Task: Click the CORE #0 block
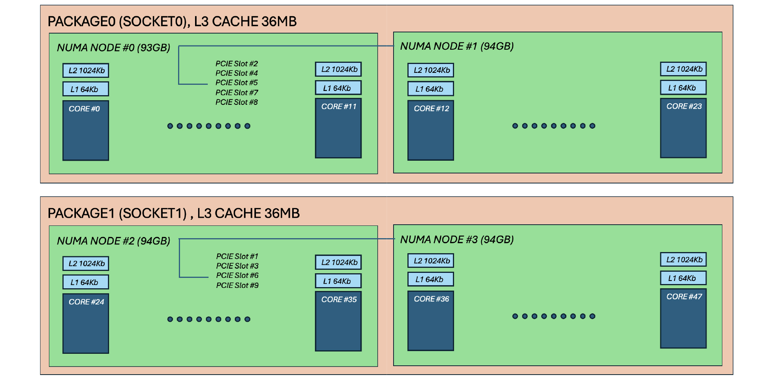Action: pos(86,130)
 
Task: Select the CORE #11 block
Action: pos(338,128)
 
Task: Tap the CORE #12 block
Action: pos(431,130)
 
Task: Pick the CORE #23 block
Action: pos(683,128)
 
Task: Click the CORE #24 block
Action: pos(86,323)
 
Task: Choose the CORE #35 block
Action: pos(338,321)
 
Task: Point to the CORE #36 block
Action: pos(431,321)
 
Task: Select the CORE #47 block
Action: pos(683,318)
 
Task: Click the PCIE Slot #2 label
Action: pos(236,64)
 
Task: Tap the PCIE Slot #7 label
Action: pos(236,92)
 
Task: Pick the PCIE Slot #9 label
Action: pos(237,285)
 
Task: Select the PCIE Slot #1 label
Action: pos(237,256)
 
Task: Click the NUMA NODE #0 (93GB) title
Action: pos(113,48)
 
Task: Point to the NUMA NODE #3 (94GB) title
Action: pos(457,240)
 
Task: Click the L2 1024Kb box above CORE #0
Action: pos(86,71)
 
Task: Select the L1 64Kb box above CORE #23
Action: pos(683,88)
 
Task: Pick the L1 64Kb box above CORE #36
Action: pos(431,279)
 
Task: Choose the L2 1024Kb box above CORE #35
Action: pos(338,262)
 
